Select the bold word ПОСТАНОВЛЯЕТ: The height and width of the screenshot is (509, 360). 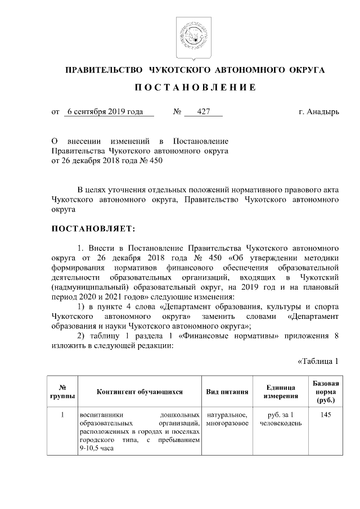93,229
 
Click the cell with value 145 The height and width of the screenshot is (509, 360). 325,415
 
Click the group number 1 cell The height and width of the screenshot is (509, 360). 63,415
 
